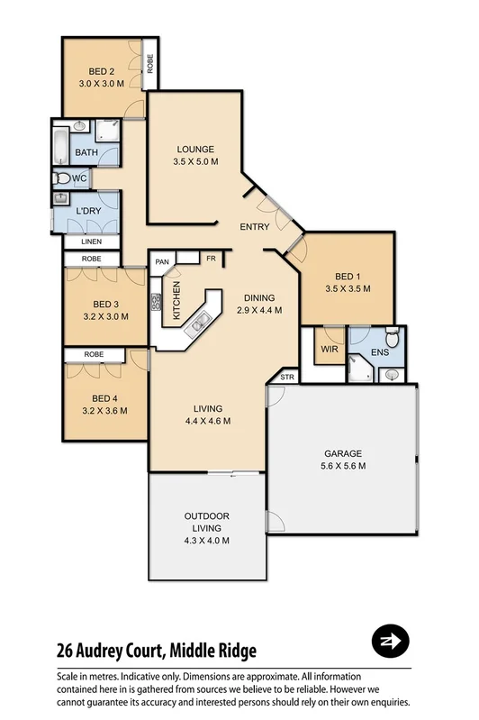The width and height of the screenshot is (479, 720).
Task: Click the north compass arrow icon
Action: point(391,642)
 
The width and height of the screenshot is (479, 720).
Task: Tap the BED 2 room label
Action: point(101,77)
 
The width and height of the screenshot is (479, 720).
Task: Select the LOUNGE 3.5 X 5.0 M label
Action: point(194,156)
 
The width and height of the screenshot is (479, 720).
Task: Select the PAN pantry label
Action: point(162,262)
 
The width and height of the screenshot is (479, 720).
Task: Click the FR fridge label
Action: point(211,260)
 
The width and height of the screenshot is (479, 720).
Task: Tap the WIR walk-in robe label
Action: point(329,347)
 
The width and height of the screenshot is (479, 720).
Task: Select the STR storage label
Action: point(287,377)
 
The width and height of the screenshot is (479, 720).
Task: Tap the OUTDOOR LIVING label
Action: point(207,528)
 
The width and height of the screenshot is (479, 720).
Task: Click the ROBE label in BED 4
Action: point(95,355)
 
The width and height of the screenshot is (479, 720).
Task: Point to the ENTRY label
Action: point(255,227)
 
